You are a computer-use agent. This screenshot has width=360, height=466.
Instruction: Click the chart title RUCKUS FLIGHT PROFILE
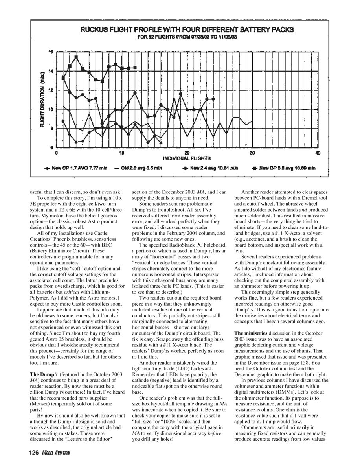(187, 29)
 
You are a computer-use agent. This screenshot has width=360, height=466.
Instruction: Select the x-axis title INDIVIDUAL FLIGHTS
(187, 158)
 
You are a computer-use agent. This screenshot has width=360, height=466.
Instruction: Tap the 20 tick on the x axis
(187, 153)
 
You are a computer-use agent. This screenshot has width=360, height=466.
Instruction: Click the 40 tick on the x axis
(318, 153)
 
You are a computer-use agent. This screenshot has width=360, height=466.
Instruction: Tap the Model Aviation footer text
(55, 453)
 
